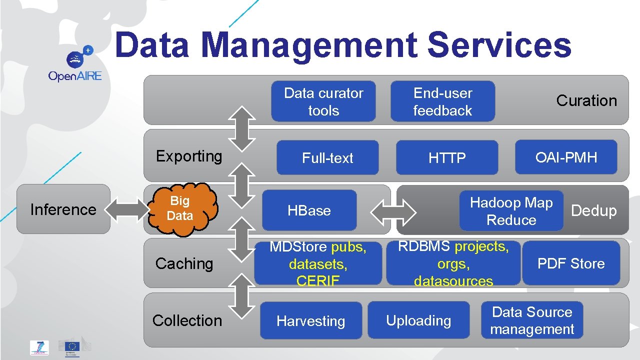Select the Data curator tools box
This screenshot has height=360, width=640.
pos(323,101)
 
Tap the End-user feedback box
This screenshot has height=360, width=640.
pos(442,101)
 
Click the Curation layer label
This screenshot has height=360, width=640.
pos(586,100)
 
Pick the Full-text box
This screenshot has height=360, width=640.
pos(327,158)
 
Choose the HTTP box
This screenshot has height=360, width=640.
pos(447,158)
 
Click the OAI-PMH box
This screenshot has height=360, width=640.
pos(566,157)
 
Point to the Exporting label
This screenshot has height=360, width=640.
pos(189,156)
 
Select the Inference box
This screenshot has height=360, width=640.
pos(63,209)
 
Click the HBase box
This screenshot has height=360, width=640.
pos(309,210)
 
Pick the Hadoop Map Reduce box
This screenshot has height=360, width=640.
pos(511,211)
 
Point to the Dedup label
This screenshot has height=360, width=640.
pos(594,210)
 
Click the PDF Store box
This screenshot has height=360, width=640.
pos(571,263)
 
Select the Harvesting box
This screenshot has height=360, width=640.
pos(311,321)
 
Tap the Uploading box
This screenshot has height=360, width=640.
pos(418,320)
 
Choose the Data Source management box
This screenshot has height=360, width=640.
pos(532,320)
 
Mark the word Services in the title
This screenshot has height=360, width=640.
pos(499,44)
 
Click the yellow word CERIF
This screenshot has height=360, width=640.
pos(317,281)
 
